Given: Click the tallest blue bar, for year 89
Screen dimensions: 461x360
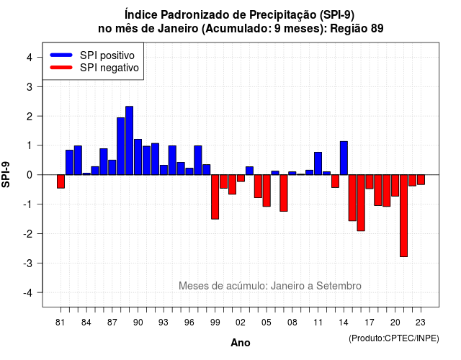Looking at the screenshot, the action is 130,140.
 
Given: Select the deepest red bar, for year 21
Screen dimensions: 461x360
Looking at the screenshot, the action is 403,216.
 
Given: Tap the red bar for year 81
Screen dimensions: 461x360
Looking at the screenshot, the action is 61,181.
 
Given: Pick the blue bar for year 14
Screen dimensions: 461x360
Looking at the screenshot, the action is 344,158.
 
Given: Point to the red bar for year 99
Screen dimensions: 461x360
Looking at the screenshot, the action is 215,197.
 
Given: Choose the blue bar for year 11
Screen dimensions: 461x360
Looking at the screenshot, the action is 318,163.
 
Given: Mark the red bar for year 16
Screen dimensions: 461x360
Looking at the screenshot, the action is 361,203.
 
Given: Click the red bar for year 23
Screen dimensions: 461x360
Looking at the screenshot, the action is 421,179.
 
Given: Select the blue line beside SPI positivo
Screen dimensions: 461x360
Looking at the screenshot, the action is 61,55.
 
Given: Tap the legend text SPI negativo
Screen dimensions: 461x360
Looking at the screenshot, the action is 109,68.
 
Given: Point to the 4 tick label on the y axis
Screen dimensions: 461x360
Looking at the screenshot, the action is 30,58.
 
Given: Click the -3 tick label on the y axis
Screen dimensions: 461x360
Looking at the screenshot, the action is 27,263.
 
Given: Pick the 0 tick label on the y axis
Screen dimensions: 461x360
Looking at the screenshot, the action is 30,175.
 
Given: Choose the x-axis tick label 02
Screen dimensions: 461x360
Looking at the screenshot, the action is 241,323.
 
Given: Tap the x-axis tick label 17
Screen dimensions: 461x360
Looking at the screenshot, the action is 370,323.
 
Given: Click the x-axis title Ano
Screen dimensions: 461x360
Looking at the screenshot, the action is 241,343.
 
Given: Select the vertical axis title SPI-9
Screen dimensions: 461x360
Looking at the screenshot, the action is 6,174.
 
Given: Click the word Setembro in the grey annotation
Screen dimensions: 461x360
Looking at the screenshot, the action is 339,286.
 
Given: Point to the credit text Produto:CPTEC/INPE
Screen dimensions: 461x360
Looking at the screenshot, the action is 394,338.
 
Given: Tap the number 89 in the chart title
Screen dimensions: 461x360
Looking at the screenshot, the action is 377,29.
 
